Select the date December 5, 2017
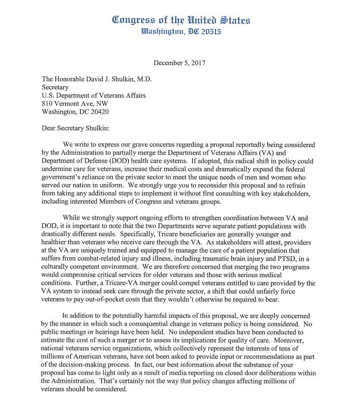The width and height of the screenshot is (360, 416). point(180,63)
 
